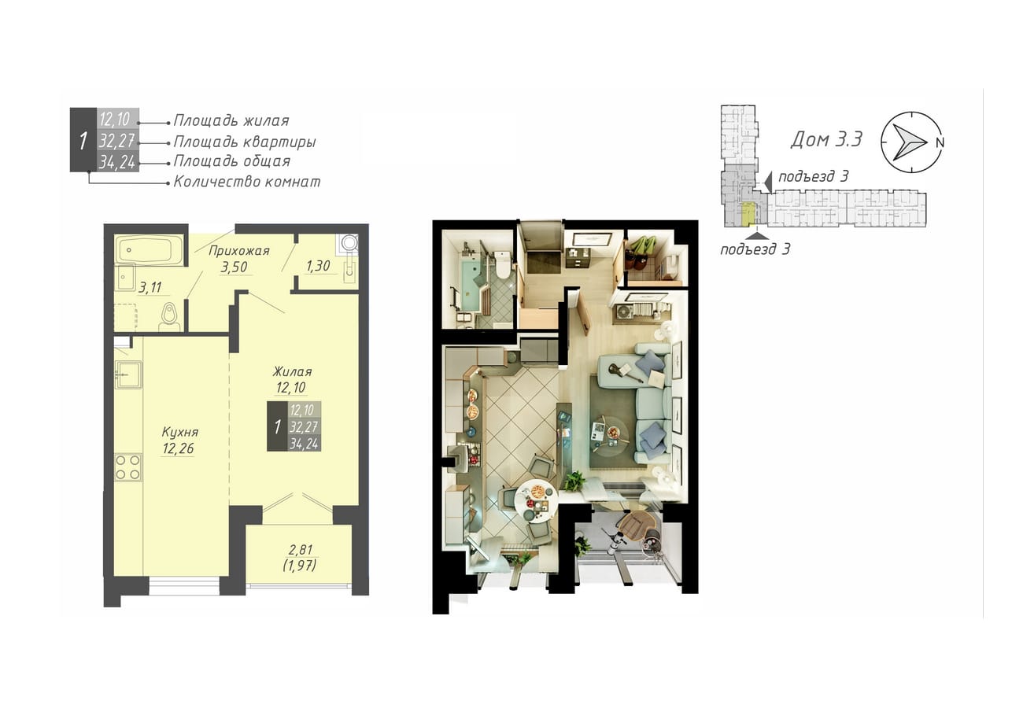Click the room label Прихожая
(239, 251)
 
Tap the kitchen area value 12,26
(178, 448)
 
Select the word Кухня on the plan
(180, 432)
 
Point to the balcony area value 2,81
(300, 550)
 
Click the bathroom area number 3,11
(150, 288)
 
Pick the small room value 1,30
(318, 266)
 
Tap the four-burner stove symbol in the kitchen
(127, 467)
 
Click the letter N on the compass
(940, 143)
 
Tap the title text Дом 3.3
(826, 139)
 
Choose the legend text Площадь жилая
(231, 120)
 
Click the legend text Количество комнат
(247, 182)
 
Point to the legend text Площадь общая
(232, 161)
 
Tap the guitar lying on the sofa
(626, 371)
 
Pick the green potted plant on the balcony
(582, 545)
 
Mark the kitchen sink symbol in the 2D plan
(128, 374)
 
